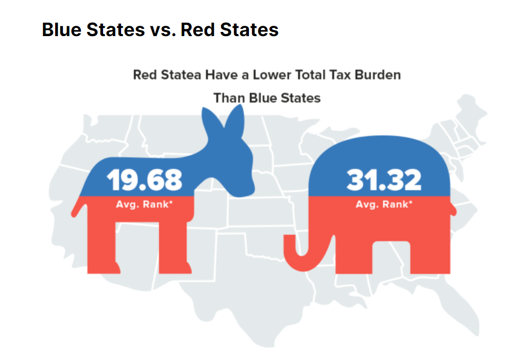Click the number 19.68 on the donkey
point(144,178)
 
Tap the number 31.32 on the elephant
point(383,179)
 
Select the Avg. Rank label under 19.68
point(144,204)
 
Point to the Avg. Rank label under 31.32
point(384,204)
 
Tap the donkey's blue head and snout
point(234,175)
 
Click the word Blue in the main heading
point(62,29)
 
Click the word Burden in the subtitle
point(379,75)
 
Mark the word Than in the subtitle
point(229,97)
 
